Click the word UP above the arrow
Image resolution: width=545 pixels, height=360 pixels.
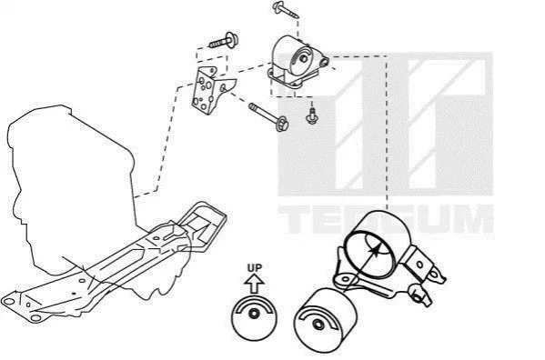click(x=255, y=267)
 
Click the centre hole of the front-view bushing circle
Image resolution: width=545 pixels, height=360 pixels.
click(x=254, y=314)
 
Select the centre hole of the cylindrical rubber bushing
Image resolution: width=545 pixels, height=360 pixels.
click(x=318, y=325)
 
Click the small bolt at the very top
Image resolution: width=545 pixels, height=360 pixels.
click(x=285, y=9)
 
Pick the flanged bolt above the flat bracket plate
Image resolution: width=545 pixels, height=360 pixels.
click(x=225, y=41)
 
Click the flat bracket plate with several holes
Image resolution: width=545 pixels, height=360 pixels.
click(x=211, y=91)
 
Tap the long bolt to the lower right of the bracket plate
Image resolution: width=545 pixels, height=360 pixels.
click(x=268, y=117)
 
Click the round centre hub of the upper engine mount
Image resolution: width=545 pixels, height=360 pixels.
click(x=303, y=59)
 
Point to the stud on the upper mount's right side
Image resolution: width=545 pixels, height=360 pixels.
click(x=325, y=62)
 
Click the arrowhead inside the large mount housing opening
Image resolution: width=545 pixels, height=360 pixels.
click(x=375, y=249)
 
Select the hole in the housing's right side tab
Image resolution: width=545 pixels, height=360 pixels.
click(x=419, y=265)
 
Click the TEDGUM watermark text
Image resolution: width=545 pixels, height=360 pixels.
click(x=386, y=219)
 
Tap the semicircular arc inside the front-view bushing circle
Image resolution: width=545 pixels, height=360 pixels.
click(x=254, y=305)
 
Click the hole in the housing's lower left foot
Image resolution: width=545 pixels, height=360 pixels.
click(x=345, y=278)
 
